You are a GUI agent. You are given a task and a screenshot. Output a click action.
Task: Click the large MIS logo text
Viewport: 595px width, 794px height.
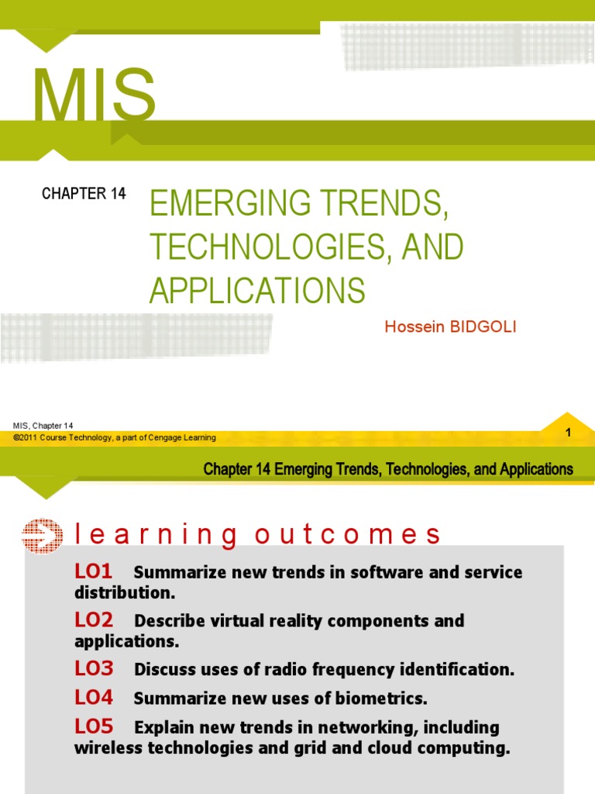pos(94,96)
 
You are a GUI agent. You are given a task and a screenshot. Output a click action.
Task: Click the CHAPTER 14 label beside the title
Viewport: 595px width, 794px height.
pos(84,194)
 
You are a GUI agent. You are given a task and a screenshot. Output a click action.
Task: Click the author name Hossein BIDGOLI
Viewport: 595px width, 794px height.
pos(450,326)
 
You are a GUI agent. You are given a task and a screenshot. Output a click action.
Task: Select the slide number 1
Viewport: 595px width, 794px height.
pos(568,433)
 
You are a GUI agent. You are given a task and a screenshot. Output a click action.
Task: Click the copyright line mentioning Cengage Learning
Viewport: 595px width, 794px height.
pos(115,438)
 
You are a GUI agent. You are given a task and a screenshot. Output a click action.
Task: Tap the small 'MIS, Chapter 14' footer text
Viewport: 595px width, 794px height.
pos(43,426)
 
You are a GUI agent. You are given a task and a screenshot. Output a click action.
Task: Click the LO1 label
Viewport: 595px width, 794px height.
pos(94,572)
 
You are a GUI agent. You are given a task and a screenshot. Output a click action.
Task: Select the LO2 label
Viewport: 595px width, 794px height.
pos(94,620)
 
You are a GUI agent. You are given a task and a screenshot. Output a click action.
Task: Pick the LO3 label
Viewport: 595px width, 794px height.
pos(94,668)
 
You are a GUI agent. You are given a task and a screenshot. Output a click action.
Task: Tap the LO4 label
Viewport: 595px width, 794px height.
pos(94,698)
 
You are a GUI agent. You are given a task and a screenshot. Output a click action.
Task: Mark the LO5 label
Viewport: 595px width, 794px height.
pos(94,727)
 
